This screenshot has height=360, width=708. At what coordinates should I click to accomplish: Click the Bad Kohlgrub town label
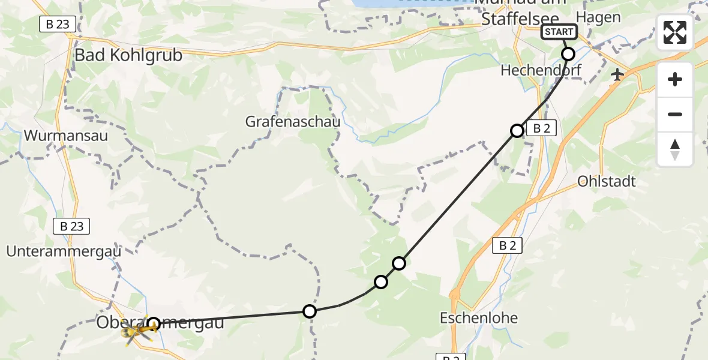click(128, 55)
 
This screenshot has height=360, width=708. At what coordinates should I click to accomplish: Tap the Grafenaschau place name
click(293, 122)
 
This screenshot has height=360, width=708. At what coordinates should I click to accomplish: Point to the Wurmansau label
click(66, 136)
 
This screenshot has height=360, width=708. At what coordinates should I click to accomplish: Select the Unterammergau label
click(64, 251)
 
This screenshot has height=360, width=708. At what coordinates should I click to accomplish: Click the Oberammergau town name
click(160, 323)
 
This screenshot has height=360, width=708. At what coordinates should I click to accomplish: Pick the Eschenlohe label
click(478, 318)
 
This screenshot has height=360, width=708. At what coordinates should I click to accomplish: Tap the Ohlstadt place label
click(607, 181)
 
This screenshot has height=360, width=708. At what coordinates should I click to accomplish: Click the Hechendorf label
click(541, 71)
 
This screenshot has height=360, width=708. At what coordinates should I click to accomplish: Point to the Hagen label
click(598, 17)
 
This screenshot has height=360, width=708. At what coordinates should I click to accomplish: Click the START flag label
click(559, 32)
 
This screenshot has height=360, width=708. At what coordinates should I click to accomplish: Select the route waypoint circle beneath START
click(568, 54)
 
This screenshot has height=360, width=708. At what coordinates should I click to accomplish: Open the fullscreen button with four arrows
click(675, 32)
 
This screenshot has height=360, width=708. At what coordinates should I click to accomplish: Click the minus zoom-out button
click(675, 115)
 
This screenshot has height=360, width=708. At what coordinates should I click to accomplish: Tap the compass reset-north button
click(675, 149)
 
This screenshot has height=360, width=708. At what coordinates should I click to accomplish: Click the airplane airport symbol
click(616, 74)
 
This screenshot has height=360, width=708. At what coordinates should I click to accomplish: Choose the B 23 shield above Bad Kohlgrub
click(57, 24)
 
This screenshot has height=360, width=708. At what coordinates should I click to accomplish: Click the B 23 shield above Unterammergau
click(72, 226)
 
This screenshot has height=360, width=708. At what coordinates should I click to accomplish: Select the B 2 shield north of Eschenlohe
click(507, 245)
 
